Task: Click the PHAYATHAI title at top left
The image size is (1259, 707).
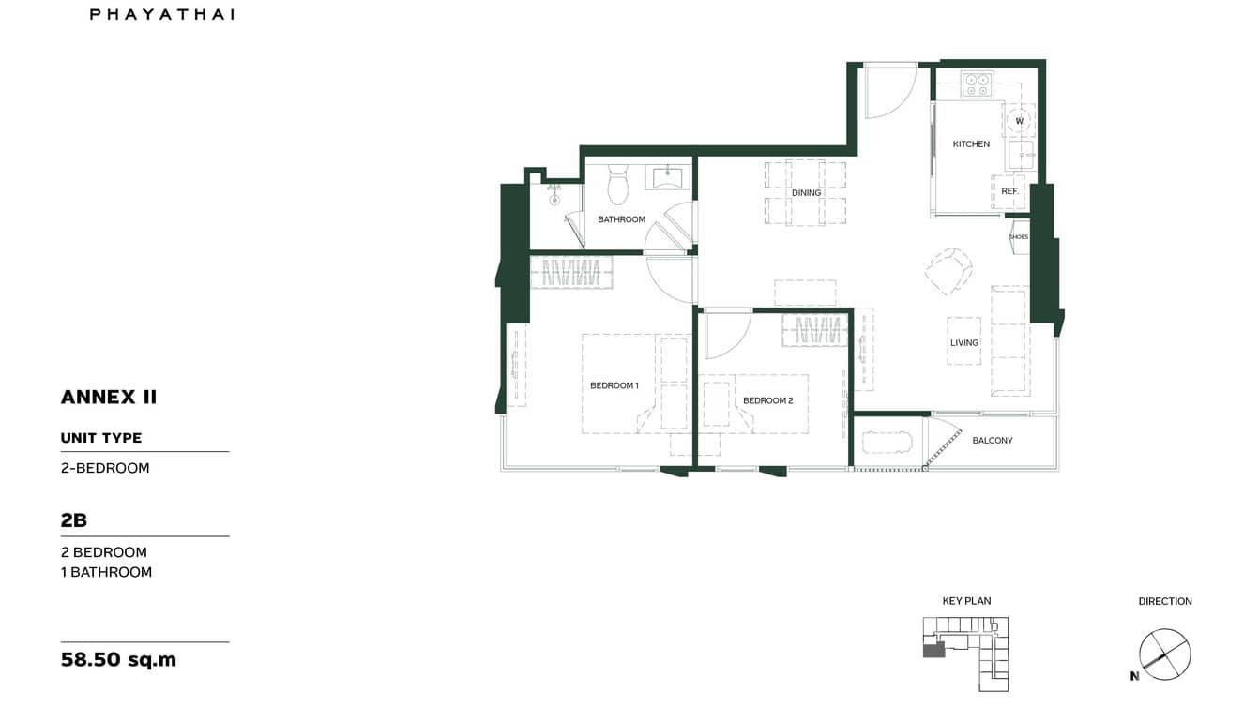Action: pos(162,14)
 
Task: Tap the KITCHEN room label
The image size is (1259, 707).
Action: pos(971,144)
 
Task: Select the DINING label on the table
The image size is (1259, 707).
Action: pos(806,193)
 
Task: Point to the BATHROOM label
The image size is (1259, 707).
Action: pos(621,219)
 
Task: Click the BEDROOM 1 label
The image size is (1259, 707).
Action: pos(614,385)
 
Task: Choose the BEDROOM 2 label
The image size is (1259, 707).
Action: pos(767,400)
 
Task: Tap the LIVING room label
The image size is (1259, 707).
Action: pos(963,343)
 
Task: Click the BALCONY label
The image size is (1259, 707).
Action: pos(992,441)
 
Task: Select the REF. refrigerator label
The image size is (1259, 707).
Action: pos(1009,191)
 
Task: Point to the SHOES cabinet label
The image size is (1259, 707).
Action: pos(1018,237)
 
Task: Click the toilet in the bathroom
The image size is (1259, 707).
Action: pos(617,186)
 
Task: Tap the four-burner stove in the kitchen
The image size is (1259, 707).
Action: pos(977,85)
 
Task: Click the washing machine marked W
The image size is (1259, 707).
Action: pos(1019,120)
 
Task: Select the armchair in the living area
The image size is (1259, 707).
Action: pos(948,271)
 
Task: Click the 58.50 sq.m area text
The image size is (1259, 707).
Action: pos(118,659)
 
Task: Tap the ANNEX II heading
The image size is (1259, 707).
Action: pos(109,397)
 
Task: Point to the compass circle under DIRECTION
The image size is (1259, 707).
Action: pos(1164,654)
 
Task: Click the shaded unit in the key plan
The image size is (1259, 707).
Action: pos(933,650)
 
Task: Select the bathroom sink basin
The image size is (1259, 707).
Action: pos(668,174)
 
